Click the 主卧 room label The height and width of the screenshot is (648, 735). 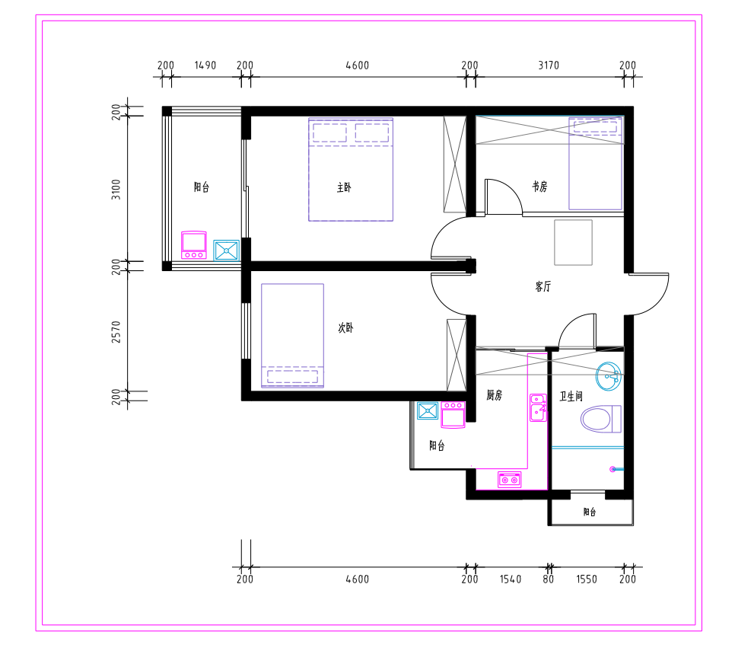click(x=344, y=187)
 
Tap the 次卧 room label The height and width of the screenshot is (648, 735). click(x=346, y=327)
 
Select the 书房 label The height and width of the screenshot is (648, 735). click(x=540, y=187)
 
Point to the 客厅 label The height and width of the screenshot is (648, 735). click(x=543, y=286)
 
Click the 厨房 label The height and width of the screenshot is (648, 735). click(x=494, y=395)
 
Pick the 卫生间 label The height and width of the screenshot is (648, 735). click(x=571, y=397)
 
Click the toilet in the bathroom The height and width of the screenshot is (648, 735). click(x=601, y=419)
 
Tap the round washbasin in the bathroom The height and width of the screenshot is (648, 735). click(x=609, y=376)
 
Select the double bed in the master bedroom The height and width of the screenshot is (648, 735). click(x=351, y=169)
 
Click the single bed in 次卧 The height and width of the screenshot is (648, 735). click(x=292, y=336)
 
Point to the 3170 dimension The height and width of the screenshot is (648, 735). click(x=549, y=65)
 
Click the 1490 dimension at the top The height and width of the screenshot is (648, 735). click(x=205, y=65)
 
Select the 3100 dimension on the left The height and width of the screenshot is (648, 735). click(x=116, y=190)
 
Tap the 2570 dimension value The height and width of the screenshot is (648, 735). click(x=116, y=332)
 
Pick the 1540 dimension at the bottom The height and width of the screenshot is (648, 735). click(x=511, y=579)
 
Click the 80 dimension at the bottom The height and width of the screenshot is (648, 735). click(x=549, y=579)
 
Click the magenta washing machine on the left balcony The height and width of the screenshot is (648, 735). click(x=194, y=245)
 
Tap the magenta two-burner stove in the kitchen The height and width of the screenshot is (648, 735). click(x=510, y=480)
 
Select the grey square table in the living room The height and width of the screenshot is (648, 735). click(x=573, y=243)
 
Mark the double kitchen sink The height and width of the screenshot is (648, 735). click(x=538, y=407)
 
